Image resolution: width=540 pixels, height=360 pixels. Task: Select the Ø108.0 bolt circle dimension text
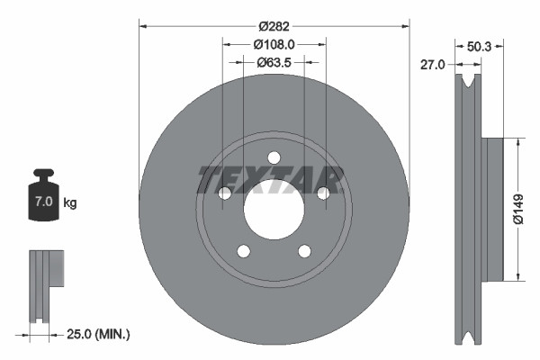274,44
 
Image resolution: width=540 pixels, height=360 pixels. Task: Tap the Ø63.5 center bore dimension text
274,63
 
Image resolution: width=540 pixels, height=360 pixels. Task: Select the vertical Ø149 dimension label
531,209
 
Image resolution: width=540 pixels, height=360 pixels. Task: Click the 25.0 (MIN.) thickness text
100,334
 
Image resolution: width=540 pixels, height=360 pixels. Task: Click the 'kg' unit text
70,203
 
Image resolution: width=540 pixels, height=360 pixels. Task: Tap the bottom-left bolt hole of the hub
242,250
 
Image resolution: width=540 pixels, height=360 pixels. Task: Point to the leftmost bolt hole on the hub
223,193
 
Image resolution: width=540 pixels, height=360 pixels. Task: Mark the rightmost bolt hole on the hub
321,193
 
